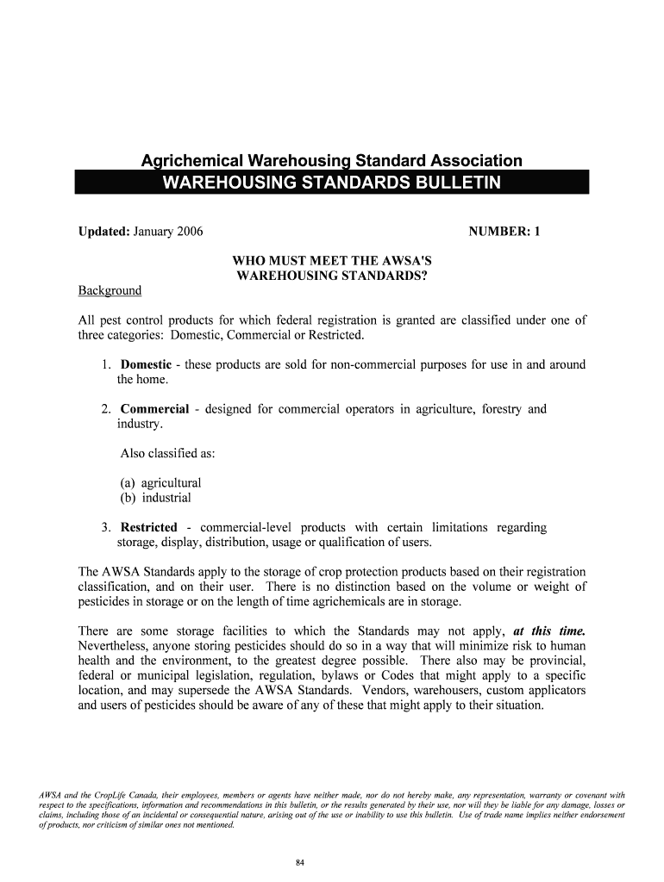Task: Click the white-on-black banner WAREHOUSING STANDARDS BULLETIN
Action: point(332,183)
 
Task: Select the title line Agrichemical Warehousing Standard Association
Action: point(332,161)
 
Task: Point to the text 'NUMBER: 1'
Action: point(504,231)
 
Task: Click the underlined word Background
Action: point(110,290)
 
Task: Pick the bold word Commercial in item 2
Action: point(154,409)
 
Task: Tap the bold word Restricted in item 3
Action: point(149,527)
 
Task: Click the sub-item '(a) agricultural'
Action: point(160,483)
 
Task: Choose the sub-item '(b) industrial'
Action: point(155,498)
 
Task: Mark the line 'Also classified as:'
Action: point(167,454)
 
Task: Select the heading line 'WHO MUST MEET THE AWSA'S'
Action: point(332,261)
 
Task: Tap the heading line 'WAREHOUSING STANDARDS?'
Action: point(332,276)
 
